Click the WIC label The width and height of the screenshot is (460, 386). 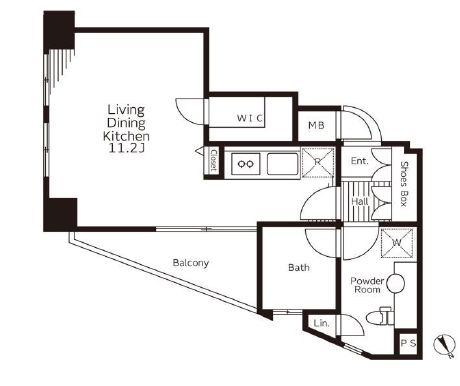pos(250,118)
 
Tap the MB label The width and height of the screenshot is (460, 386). pos(316,125)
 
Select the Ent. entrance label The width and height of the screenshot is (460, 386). pos(359,161)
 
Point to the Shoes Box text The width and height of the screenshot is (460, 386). pos(404,184)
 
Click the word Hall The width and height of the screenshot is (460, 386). pos(360,201)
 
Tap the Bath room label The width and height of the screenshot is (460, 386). pos(299,267)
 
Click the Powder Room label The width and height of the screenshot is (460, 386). pos(367,285)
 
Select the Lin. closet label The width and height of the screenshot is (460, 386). pos(321,323)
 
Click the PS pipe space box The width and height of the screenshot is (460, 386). pos(408,343)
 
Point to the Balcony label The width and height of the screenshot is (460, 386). pos(191,263)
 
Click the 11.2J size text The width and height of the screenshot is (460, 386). pos(126,148)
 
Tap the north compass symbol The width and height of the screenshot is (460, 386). pos(445,344)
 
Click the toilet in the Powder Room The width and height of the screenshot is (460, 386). pos(380,316)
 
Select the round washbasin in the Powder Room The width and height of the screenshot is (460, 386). pos(396,283)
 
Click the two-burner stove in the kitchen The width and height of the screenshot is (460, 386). pos(246,163)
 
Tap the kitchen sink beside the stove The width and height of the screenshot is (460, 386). pos(282,164)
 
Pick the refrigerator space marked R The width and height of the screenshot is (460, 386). pos(318,162)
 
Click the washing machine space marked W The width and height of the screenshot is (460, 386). pos(396,243)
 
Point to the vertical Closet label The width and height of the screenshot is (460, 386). pos(214,160)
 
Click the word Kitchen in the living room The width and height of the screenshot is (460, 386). pos(126,136)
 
